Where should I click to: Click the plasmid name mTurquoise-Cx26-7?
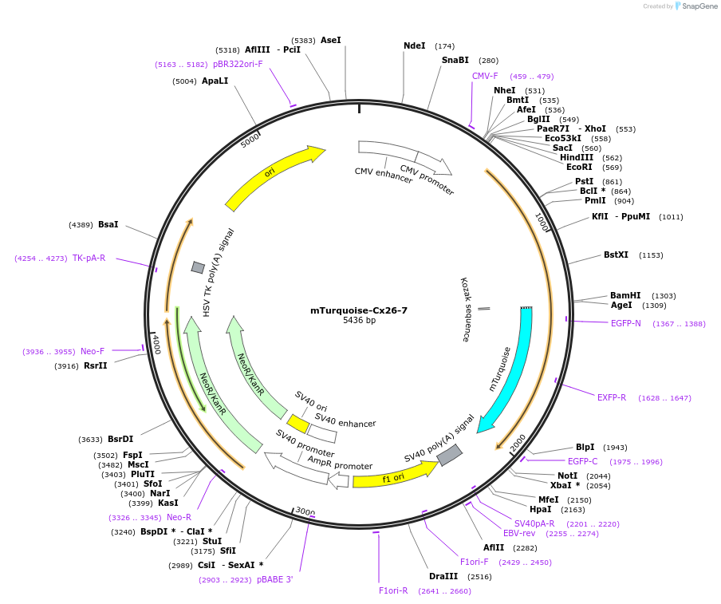click(359, 310)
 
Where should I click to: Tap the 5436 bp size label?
click(359, 321)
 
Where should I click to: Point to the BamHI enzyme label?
click(625, 295)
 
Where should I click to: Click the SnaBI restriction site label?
click(455, 60)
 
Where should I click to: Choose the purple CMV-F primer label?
click(485, 76)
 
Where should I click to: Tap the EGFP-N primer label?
click(626, 323)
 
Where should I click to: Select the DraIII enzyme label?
click(443, 576)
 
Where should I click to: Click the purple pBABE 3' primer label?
click(275, 579)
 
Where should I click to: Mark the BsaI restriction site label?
click(108, 225)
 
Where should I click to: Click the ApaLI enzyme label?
click(215, 81)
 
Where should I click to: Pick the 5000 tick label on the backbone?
click(250, 139)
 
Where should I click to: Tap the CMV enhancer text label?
click(384, 176)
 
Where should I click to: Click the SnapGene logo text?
click(697, 6)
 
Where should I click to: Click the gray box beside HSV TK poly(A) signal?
click(198, 267)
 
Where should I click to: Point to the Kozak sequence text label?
click(465, 309)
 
